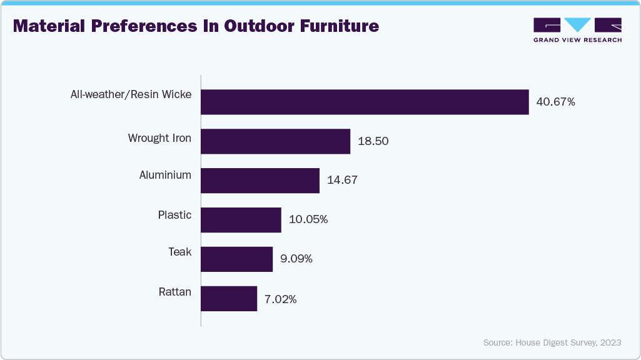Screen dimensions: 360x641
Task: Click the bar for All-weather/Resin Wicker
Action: point(365,102)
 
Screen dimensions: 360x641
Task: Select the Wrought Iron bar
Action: point(275,141)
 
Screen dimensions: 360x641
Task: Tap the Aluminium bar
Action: point(260,181)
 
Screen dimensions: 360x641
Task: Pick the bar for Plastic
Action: point(241,220)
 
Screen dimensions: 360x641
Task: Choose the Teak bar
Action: point(236,259)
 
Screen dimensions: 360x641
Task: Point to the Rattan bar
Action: point(229,298)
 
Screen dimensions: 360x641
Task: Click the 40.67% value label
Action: point(555,102)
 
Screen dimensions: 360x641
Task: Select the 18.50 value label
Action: point(373,141)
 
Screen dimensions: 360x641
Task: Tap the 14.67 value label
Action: point(342,181)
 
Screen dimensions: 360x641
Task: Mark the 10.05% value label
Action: point(308,220)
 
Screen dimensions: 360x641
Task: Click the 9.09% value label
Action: point(296,259)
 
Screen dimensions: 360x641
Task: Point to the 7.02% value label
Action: point(280,299)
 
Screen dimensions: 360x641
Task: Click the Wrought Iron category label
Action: point(159,137)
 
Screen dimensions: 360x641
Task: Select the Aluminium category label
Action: point(165,175)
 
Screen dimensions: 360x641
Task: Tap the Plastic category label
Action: point(174,215)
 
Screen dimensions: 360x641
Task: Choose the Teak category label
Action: point(179,252)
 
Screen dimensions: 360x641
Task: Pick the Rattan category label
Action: point(174,291)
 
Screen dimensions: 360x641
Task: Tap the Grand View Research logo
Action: point(577,30)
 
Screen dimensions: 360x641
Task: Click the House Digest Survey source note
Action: point(552,342)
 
